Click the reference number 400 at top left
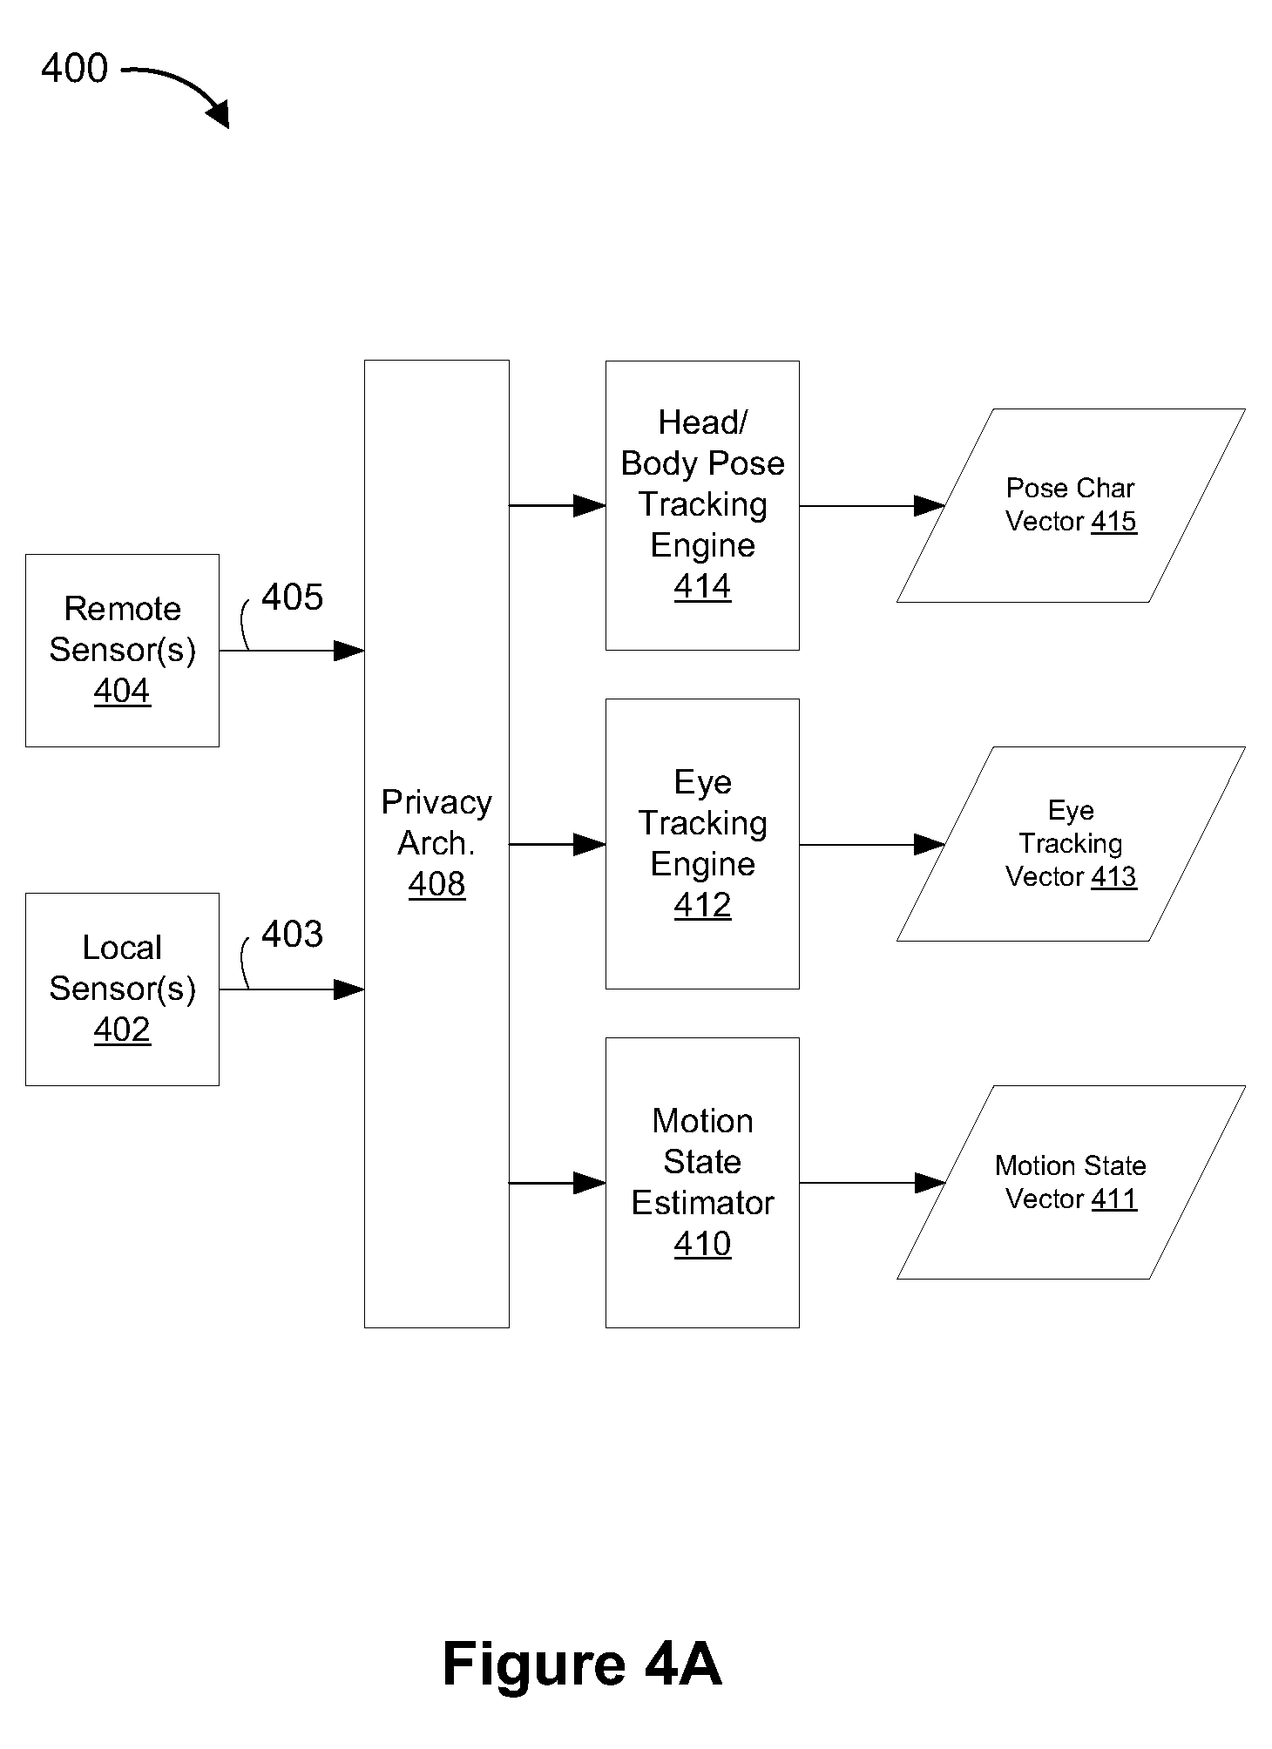[x=75, y=68]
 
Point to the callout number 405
[x=292, y=598]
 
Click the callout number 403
[x=292, y=935]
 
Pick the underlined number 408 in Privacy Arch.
[x=436, y=884]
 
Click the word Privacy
[x=436, y=803]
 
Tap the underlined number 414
[x=702, y=586]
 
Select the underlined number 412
[x=702, y=905]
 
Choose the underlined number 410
[x=702, y=1244]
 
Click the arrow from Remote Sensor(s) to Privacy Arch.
[x=292, y=651]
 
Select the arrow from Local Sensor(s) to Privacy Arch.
[x=292, y=989]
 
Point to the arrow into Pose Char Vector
[x=872, y=506]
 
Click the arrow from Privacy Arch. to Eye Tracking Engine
[x=558, y=844]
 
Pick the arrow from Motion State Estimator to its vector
[x=872, y=1183]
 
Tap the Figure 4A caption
[x=582, y=1664]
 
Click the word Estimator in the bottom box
[x=702, y=1203]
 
